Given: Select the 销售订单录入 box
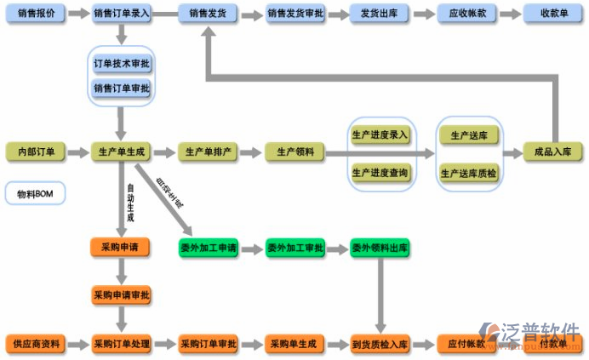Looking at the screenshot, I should pos(121,14).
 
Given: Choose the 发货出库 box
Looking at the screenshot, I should pos(379,14).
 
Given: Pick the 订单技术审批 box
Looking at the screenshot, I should pos(121,64).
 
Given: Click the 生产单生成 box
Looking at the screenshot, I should pos(121,152).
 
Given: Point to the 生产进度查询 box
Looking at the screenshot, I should pos(380,173).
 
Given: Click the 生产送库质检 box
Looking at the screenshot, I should pos(468,173).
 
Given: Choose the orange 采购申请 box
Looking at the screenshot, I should pos(121,248).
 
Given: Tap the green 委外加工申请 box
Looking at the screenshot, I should pos(209,248).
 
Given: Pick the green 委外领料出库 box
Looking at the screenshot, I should pos(380,248).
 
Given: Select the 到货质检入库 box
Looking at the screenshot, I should pos(380,344).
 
